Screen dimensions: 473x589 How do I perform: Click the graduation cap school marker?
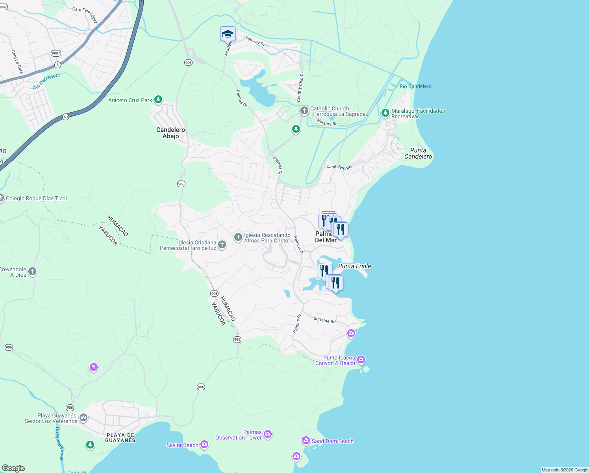pos(228,34)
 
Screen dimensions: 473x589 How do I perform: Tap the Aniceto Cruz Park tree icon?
pos(158,100)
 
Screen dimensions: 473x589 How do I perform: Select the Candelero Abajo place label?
pos(170,133)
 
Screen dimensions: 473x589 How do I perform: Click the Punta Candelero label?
pos(418,153)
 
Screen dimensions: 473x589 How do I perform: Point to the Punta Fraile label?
pos(354,266)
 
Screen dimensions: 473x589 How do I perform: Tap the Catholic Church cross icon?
pos(304,111)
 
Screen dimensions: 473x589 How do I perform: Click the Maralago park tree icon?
pos(385,113)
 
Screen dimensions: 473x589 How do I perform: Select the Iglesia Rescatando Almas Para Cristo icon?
pos(238,237)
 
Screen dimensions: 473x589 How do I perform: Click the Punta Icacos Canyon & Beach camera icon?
pos(361,360)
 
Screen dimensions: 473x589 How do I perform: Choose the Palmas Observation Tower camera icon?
pos(268,434)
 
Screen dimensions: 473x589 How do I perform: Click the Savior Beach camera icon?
pos(204,445)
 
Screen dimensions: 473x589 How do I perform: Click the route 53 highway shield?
pos(65,117)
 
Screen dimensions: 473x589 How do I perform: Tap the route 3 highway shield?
pos(58,65)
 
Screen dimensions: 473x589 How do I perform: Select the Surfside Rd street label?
pos(324,320)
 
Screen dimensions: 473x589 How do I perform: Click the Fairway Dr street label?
pos(255,41)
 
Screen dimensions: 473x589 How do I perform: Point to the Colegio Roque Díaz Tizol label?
pos(36,198)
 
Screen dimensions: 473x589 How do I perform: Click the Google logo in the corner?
pos(13,468)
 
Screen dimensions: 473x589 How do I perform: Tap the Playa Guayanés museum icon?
pos(83,417)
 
